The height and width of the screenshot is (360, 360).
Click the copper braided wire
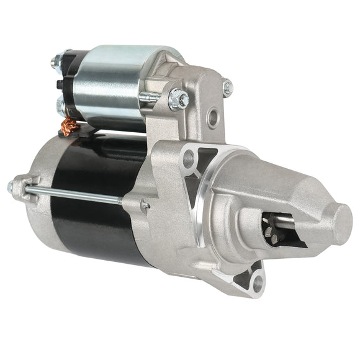[70, 128]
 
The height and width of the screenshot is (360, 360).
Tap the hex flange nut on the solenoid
[178, 97]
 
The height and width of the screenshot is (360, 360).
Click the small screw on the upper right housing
[228, 88]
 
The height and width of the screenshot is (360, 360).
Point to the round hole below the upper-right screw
[214, 116]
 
